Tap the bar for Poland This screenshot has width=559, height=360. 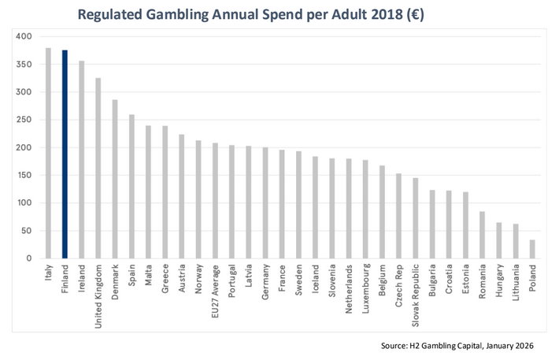coord(532,249)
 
